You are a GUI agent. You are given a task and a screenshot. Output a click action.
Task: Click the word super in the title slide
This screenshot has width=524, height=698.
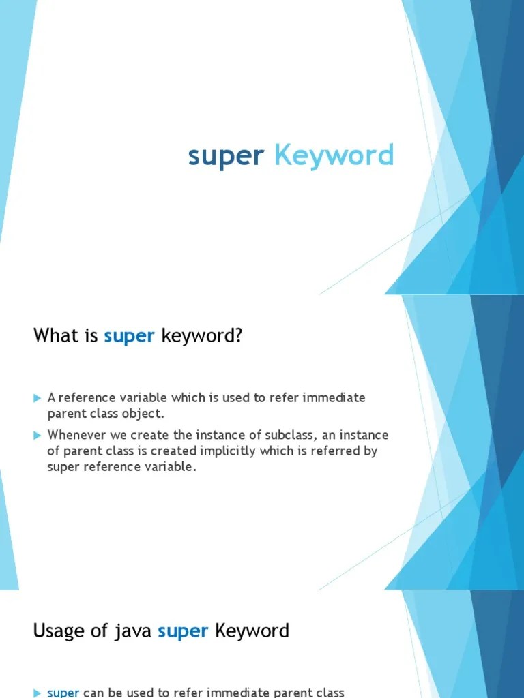click(225, 157)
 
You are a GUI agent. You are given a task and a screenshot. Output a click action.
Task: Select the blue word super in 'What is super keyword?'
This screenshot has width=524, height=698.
click(130, 336)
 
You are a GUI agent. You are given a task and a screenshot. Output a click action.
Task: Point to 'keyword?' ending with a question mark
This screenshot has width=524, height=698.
click(202, 336)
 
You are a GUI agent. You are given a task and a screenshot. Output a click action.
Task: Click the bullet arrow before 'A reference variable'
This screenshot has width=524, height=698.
click(38, 398)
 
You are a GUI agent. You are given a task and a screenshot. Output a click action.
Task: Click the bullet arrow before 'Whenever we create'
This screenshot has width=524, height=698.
click(38, 435)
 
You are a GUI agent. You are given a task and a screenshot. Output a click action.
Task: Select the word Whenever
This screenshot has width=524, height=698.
click(74, 435)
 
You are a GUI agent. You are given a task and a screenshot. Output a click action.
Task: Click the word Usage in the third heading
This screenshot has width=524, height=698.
click(57, 631)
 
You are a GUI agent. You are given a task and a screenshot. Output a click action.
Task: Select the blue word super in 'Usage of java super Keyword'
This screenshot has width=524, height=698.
click(183, 631)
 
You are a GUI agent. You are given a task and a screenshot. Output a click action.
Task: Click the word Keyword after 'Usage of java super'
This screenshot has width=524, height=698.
click(252, 631)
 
